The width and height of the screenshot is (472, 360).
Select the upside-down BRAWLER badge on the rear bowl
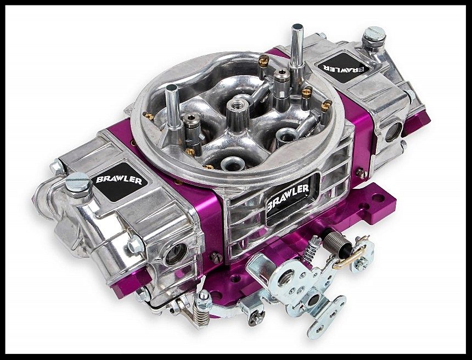344,67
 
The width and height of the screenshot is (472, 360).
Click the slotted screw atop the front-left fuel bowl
78,182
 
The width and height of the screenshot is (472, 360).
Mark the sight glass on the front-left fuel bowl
177,254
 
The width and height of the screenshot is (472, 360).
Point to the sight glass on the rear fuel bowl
394,132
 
